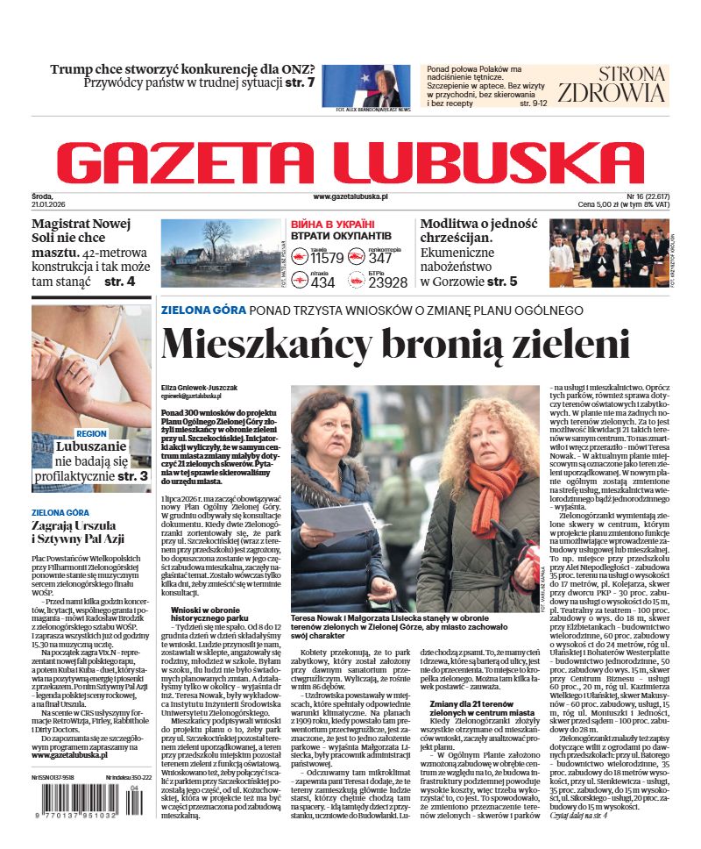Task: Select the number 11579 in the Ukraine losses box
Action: point(327,258)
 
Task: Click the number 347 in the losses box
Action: point(380,258)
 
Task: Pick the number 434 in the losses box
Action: point(322,282)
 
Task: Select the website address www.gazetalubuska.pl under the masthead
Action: point(350,197)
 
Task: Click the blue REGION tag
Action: point(91,433)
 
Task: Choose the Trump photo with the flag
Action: point(372,86)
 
